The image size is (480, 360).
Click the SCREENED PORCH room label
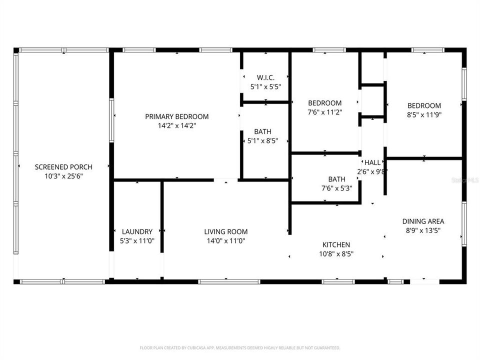click(x=63, y=167)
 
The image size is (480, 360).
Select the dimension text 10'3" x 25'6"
click(x=63, y=176)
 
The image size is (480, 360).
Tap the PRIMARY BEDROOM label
click(x=177, y=116)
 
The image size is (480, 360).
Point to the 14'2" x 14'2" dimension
click(x=177, y=126)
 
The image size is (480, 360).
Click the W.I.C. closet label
click(x=265, y=77)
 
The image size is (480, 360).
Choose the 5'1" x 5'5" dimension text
click(x=265, y=86)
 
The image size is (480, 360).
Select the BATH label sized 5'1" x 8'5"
click(x=262, y=131)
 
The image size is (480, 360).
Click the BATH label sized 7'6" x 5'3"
click(x=336, y=179)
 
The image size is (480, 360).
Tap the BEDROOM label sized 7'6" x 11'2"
click(x=324, y=103)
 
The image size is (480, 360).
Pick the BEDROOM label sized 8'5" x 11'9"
click(x=424, y=105)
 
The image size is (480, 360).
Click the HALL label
click(x=372, y=162)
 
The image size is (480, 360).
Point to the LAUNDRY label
click(x=137, y=231)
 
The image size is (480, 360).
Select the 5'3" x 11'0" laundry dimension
click(x=137, y=240)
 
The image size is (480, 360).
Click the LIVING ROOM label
click(x=225, y=231)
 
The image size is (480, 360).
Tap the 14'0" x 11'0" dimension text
click(x=225, y=240)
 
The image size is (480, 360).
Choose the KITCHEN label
click(x=335, y=244)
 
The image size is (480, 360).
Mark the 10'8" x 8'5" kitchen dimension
click(x=335, y=253)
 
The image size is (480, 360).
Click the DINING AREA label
click(x=423, y=221)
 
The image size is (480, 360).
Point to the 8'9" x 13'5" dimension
click(x=423, y=230)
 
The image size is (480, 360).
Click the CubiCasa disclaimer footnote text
click(x=240, y=347)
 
